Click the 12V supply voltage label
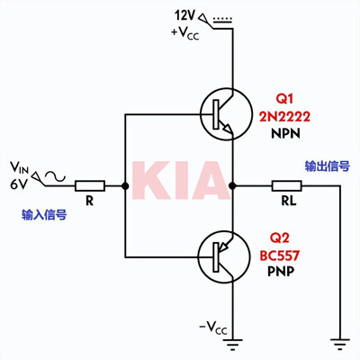pos(185,15)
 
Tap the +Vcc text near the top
pos(185,33)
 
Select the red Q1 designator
pos(284,99)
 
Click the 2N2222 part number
pos(284,117)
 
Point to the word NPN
pos(285,133)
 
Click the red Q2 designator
pos(279,238)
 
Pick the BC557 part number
pos(280,256)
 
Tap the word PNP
pos(281,272)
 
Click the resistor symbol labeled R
pos(90,186)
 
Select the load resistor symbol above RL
pos(287,186)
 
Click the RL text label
pos(289,202)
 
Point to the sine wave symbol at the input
pos(55,176)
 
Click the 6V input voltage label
pos(19,184)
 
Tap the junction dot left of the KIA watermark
pos(125,186)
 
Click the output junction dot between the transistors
pos(232,186)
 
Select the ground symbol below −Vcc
pos(232,344)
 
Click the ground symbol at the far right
pos(340,344)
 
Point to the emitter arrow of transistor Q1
pos(228,129)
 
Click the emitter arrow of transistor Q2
pos(223,247)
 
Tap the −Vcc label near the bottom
pos(213,328)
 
